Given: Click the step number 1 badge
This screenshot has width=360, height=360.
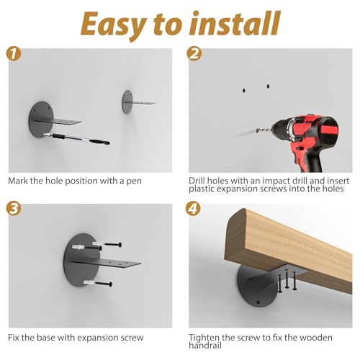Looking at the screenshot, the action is pos(14,54).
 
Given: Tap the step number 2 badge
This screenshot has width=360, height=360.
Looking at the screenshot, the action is pos(194,53).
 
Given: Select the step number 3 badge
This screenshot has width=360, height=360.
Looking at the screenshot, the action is pos(14,208).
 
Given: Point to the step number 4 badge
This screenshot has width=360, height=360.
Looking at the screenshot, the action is pos(193,208).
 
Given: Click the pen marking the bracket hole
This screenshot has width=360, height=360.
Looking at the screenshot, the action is pos(76,138).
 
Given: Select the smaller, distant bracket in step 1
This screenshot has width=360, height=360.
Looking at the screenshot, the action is pos(138,102).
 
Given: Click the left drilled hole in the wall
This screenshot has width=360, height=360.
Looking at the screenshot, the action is pos(244,91).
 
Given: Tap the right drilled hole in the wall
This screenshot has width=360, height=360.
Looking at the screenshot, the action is pos(268,86).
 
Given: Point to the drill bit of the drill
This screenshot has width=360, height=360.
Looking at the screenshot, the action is pos(264,130).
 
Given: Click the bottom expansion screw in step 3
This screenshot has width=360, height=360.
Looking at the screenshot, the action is pos(98,284).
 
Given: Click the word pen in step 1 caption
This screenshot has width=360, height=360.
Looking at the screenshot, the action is pos(134,181).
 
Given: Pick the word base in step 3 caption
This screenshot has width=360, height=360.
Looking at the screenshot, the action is pos(47,338).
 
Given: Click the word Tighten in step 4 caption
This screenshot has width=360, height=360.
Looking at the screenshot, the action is pos(204,338).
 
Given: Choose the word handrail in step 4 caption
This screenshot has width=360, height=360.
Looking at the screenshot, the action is pos(205,346).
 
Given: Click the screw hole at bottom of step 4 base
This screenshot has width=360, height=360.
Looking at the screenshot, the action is pos(258,302).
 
